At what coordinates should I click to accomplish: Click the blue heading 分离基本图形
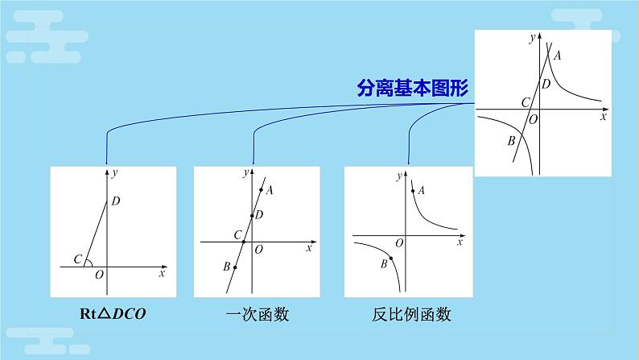(x=412, y=89)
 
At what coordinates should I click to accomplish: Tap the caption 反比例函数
(x=407, y=315)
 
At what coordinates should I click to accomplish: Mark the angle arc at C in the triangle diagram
(x=89, y=261)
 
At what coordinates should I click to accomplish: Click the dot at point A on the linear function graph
(x=261, y=191)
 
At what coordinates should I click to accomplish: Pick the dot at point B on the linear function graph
(x=234, y=267)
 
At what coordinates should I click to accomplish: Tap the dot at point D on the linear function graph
(x=252, y=215)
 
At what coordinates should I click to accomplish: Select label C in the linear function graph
(x=237, y=234)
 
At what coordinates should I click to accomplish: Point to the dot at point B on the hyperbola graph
(x=392, y=257)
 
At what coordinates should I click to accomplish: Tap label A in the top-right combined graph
(x=557, y=55)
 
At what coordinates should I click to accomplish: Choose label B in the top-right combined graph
(x=511, y=141)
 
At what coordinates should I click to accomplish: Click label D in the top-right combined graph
(x=546, y=84)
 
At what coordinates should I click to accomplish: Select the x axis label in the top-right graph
(x=602, y=117)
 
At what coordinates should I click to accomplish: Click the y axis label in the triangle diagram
(x=116, y=172)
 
